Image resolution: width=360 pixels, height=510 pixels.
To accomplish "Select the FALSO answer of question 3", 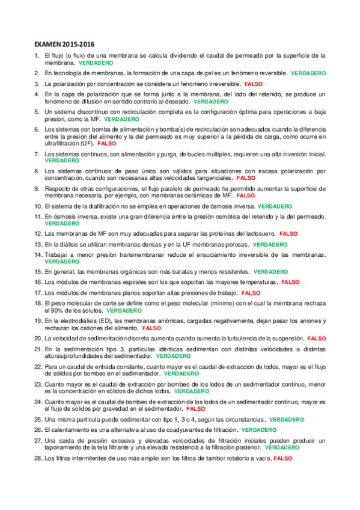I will [254, 84].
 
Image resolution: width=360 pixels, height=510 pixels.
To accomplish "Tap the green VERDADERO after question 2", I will [308, 73].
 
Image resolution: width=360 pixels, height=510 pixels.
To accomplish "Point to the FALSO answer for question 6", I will [106, 144].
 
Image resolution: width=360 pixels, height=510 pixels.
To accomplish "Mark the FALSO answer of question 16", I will [290, 281].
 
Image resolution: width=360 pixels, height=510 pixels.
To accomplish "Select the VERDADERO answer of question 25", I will [287, 419].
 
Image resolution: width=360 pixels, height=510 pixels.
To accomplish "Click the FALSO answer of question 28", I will [282, 458].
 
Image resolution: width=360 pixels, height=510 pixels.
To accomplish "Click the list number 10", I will [38, 206].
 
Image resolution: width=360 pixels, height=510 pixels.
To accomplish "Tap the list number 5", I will [37, 112].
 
